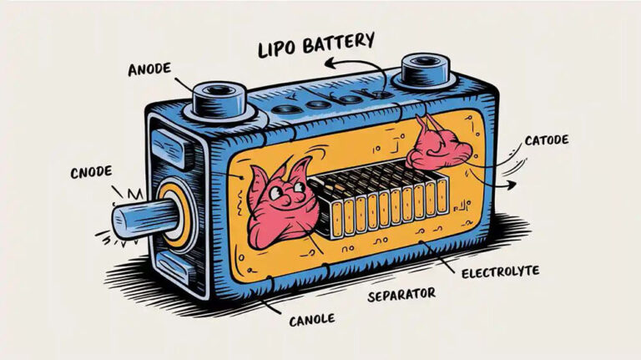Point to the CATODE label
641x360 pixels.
[x=548, y=141]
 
